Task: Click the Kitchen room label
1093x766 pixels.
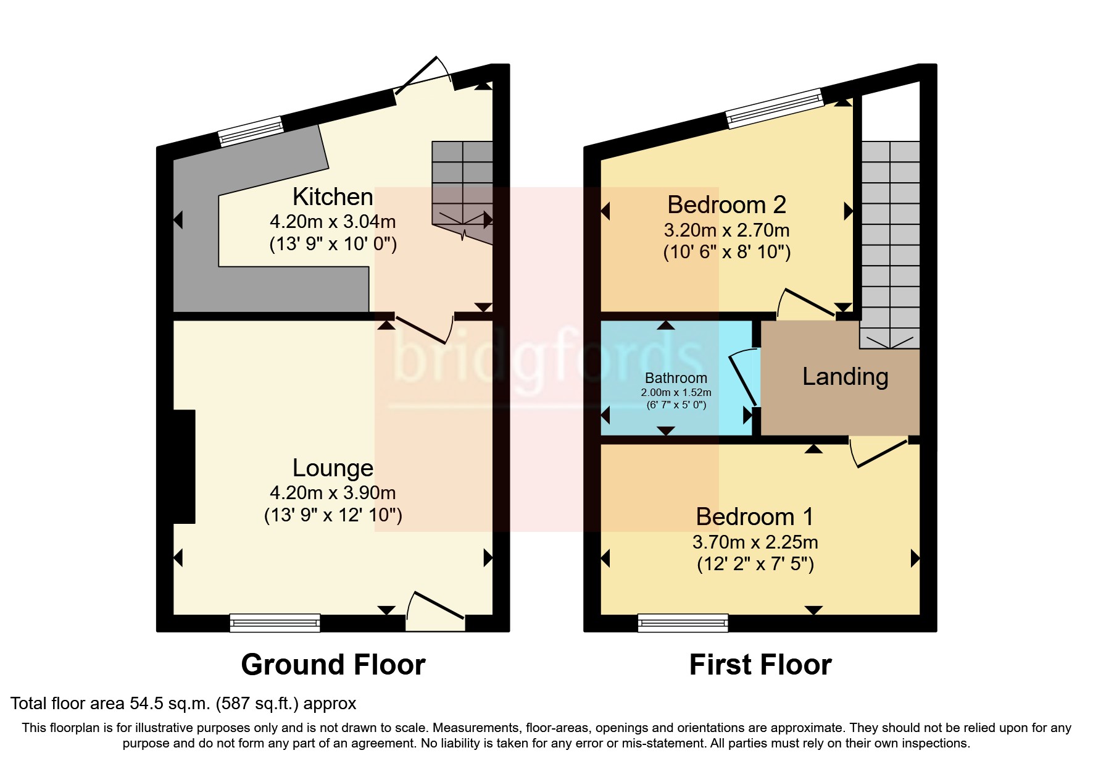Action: [x=333, y=197]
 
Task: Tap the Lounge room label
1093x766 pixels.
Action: [x=333, y=468]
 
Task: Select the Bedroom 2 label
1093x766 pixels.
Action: [x=726, y=204]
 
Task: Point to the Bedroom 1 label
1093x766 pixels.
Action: [x=755, y=516]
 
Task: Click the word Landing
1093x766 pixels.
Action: [x=845, y=377]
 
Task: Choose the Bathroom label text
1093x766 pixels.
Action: [x=676, y=378]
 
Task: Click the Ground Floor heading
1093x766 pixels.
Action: [x=333, y=665]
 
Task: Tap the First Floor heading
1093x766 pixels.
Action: [x=760, y=665]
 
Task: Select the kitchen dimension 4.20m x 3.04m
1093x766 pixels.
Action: [x=333, y=221]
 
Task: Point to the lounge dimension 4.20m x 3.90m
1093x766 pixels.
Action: [x=333, y=492]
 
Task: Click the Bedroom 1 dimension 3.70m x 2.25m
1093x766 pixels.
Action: [x=755, y=542]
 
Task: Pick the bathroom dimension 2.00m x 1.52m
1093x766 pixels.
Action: [x=676, y=392]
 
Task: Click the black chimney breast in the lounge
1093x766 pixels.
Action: [x=184, y=466]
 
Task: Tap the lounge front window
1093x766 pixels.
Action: [x=275, y=623]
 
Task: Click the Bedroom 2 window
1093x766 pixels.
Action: [x=775, y=108]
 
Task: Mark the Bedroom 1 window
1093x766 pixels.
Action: [x=683, y=623]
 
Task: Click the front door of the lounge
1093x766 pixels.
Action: [x=436, y=614]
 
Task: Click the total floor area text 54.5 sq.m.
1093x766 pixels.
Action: [x=183, y=703]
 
